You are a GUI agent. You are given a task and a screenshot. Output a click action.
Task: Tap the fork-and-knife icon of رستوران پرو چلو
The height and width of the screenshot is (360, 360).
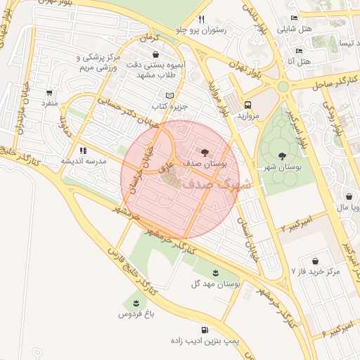tap(201, 19)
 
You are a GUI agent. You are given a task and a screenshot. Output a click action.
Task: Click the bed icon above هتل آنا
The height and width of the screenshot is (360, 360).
tap(299, 51)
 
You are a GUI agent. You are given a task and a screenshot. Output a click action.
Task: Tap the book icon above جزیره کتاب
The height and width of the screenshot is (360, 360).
tap(168, 96)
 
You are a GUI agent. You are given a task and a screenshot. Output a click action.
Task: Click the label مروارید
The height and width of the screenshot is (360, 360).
tap(248, 114)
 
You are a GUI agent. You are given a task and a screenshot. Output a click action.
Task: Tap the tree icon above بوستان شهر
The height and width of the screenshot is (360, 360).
tap(282, 156)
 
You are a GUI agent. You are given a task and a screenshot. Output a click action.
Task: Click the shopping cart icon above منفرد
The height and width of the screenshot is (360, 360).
tap(49, 92)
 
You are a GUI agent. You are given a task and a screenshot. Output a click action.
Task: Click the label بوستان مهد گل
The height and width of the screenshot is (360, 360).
tap(216, 284)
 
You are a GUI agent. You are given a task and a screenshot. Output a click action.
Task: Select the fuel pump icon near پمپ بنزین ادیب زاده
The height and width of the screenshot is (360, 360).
tap(204, 329)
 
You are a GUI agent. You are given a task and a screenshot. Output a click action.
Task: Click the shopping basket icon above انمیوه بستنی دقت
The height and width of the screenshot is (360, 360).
tap(155, 54)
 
